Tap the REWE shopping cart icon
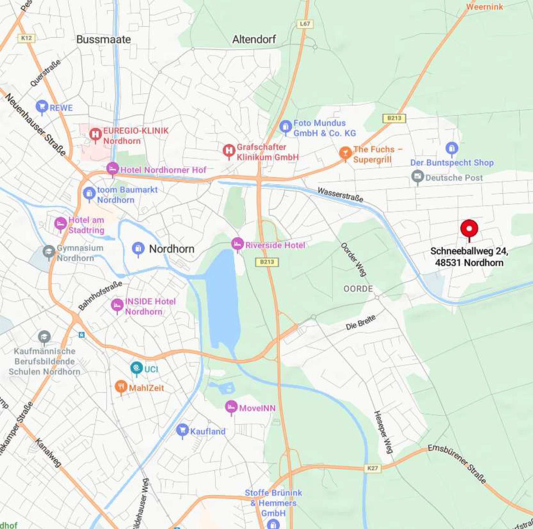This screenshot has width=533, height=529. pyautogui.click(x=42, y=107)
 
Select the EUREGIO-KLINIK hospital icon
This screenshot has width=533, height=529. pyautogui.click(x=95, y=134)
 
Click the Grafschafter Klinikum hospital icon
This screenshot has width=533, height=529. pyautogui.click(x=229, y=151)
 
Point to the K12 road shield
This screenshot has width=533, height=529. pyautogui.click(x=27, y=38)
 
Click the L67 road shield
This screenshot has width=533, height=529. pyautogui.click(x=305, y=24)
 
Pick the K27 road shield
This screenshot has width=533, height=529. pyautogui.click(x=373, y=468)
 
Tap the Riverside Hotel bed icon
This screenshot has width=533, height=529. pyautogui.click(x=237, y=244)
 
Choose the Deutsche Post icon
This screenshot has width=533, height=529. pyautogui.click(x=417, y=176)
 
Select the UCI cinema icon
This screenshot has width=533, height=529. pyautogui.click(x=136, y=368)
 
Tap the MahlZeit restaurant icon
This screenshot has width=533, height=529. pyautogui.click(x=121, y=386)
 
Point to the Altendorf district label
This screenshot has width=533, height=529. pyautogui.click(x=254, y=39)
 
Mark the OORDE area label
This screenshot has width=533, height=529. pyautogui.click(x=358, y=289)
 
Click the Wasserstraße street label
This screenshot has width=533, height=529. pyautogui.click(x=340, y=195)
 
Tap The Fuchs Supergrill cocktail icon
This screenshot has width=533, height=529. pyautogui.click(x=345, y=152)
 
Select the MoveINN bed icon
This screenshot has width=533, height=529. pyautogui.click(x=231, y=407)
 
